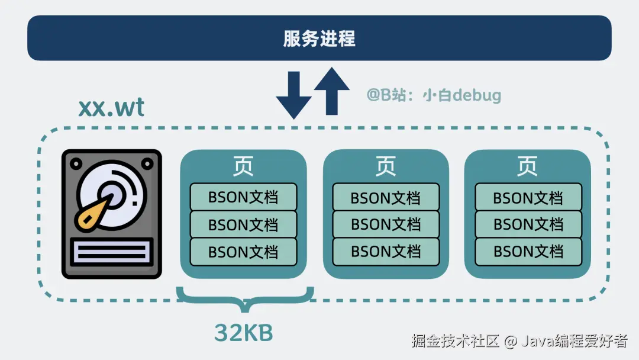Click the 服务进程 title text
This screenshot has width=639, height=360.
point(319,39)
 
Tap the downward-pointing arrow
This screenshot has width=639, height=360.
point(293,95)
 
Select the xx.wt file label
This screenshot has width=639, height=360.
point(111,108)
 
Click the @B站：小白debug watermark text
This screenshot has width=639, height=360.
point(434,95)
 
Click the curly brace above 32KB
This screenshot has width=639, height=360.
point(244,297)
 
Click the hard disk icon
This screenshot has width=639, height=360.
point(112,214)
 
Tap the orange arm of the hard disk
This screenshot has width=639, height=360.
point(95,214)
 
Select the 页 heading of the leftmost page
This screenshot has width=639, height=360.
point(243,166)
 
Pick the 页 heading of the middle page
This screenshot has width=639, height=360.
point(386,166)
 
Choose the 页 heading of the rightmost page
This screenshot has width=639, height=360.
point(528,166)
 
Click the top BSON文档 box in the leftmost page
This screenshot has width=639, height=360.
point(243,197)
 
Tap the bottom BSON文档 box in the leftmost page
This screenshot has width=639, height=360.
point(243,252)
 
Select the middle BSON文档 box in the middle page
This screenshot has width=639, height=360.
point(386,224)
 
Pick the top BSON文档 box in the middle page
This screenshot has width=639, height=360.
point(386,197)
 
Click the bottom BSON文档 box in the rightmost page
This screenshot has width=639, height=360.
point(528,252)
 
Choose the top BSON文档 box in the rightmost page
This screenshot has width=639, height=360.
point(528,197)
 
